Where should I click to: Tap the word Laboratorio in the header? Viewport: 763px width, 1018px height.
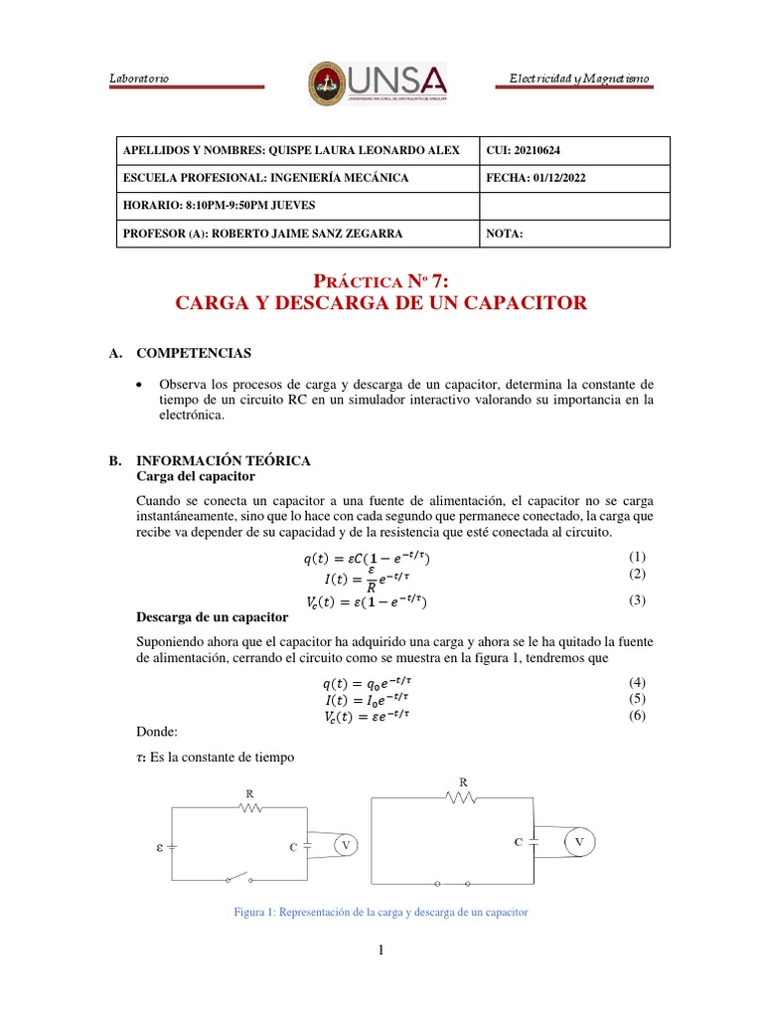[x=138, y=79]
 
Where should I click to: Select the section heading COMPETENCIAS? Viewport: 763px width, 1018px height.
[x=193, y=353]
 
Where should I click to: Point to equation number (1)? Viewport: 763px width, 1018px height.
[x=637, y=557]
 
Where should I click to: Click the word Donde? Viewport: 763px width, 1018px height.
[x=156, y=731]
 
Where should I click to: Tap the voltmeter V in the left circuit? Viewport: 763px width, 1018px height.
[x=346, y=845]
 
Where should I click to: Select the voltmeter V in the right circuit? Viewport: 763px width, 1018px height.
[x=580, y=843]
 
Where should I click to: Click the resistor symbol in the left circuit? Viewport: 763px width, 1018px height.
[x=249, y=808]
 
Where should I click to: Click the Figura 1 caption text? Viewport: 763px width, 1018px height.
[x=381, y=912]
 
